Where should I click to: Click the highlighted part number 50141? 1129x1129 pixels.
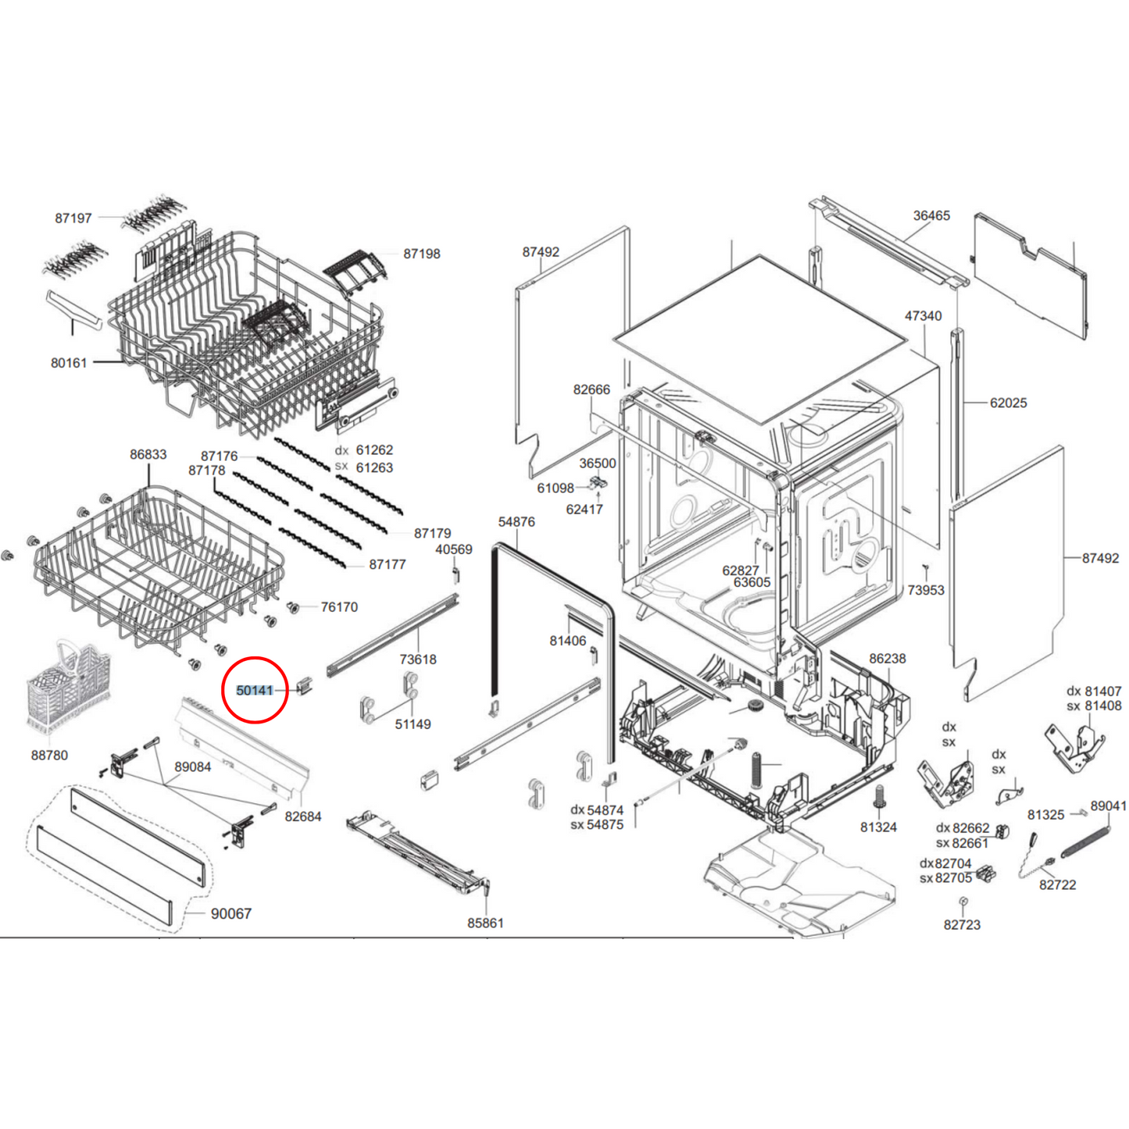pyautogui.click(x=255, y=691)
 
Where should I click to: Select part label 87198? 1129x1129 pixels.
pyautogui.click(x=422, y=254)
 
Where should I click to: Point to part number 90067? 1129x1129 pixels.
pyautogui.click(x=231, y=913)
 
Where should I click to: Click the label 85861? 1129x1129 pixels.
pyautogui.click(x=485, y=923)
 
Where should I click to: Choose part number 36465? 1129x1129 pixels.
pyautogui.click(x=931, y=216)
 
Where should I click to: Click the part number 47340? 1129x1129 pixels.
pyautogui.click(x=923, y=316)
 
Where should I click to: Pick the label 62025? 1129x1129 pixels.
pyautogui.click(x=1008, y=403)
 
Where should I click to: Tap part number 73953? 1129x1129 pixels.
pyautogui.click(x=926, y=590)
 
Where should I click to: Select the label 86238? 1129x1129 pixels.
pyautogui.click(x=888, y=659)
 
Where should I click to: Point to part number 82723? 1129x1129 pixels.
pyautogui.click(x=962, y=925)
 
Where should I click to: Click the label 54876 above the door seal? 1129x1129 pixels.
pyautogui.click(x=516, y=522)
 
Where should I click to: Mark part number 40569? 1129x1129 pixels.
pyautogui.click(x=454, y=549)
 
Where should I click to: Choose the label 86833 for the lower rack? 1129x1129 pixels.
pyautogui.click(x=148, y=454)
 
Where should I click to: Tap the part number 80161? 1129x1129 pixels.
pyautogui.click(x=69, y=363)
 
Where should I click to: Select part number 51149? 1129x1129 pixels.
pyautogui.click(x=413, y=724)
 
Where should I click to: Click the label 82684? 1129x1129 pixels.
pyautogui.click(x=303, y=816)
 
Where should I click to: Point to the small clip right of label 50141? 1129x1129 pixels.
pyautogui.click(x=305, y=688)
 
